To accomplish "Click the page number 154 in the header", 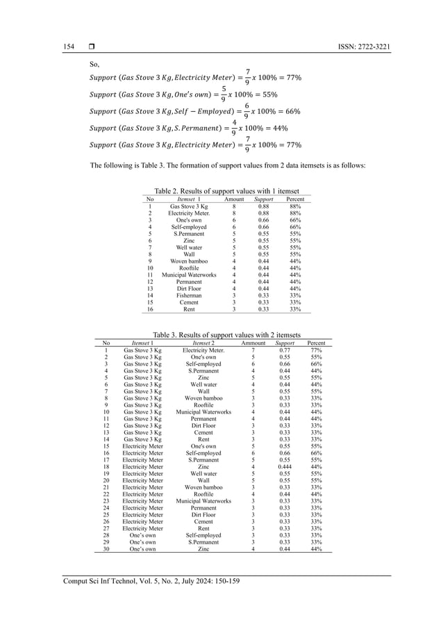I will (x=69, y=47).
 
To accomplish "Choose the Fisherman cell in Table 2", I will (x=189, y=295).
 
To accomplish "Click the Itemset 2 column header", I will (x=203, y=343).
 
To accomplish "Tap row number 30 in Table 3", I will (x=106, y=548).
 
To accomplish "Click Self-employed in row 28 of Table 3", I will (x=203, y=535).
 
